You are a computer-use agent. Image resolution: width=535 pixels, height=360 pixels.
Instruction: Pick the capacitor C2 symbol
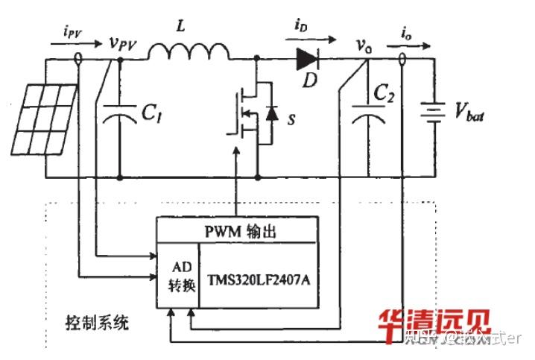point(366,113)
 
